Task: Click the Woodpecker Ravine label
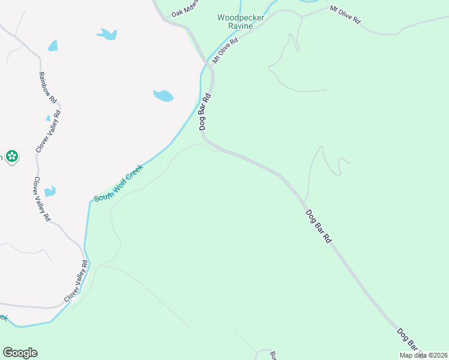click(241, 22)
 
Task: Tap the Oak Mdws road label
click(184, 10)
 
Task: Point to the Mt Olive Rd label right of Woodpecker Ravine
click(345, 14)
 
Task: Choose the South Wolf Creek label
click(118, 183)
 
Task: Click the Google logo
click(20, 353)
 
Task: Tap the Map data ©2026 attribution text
click(424, 355)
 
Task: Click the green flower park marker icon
click(11, 157)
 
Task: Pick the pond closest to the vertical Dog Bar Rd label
click(163, 95)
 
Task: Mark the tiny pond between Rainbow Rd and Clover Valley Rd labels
click(48, 118)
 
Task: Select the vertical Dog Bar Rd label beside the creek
click(205, 112)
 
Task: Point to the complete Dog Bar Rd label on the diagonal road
click(318, 226)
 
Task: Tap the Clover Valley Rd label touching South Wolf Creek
click(76, 281)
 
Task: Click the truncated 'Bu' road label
click(273, 355)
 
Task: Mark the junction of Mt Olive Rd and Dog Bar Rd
click(210, 62)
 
